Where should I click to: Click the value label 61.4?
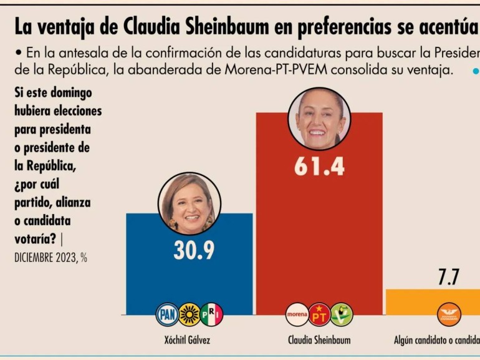[319, 167]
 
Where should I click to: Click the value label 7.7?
[448, 278]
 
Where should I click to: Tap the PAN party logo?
[167, 314]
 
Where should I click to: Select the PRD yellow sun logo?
[190, 314]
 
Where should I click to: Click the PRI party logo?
[211, 314]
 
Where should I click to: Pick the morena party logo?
[297, 314]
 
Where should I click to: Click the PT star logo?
[319, 314]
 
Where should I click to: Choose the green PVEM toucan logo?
[341, 314]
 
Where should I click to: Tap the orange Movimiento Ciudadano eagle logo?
[449, 314]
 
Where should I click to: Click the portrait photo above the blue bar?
[190, 203]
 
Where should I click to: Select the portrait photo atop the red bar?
[319, 119]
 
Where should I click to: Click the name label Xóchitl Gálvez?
[189, 340]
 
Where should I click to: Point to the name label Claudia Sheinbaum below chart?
[319, 340]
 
